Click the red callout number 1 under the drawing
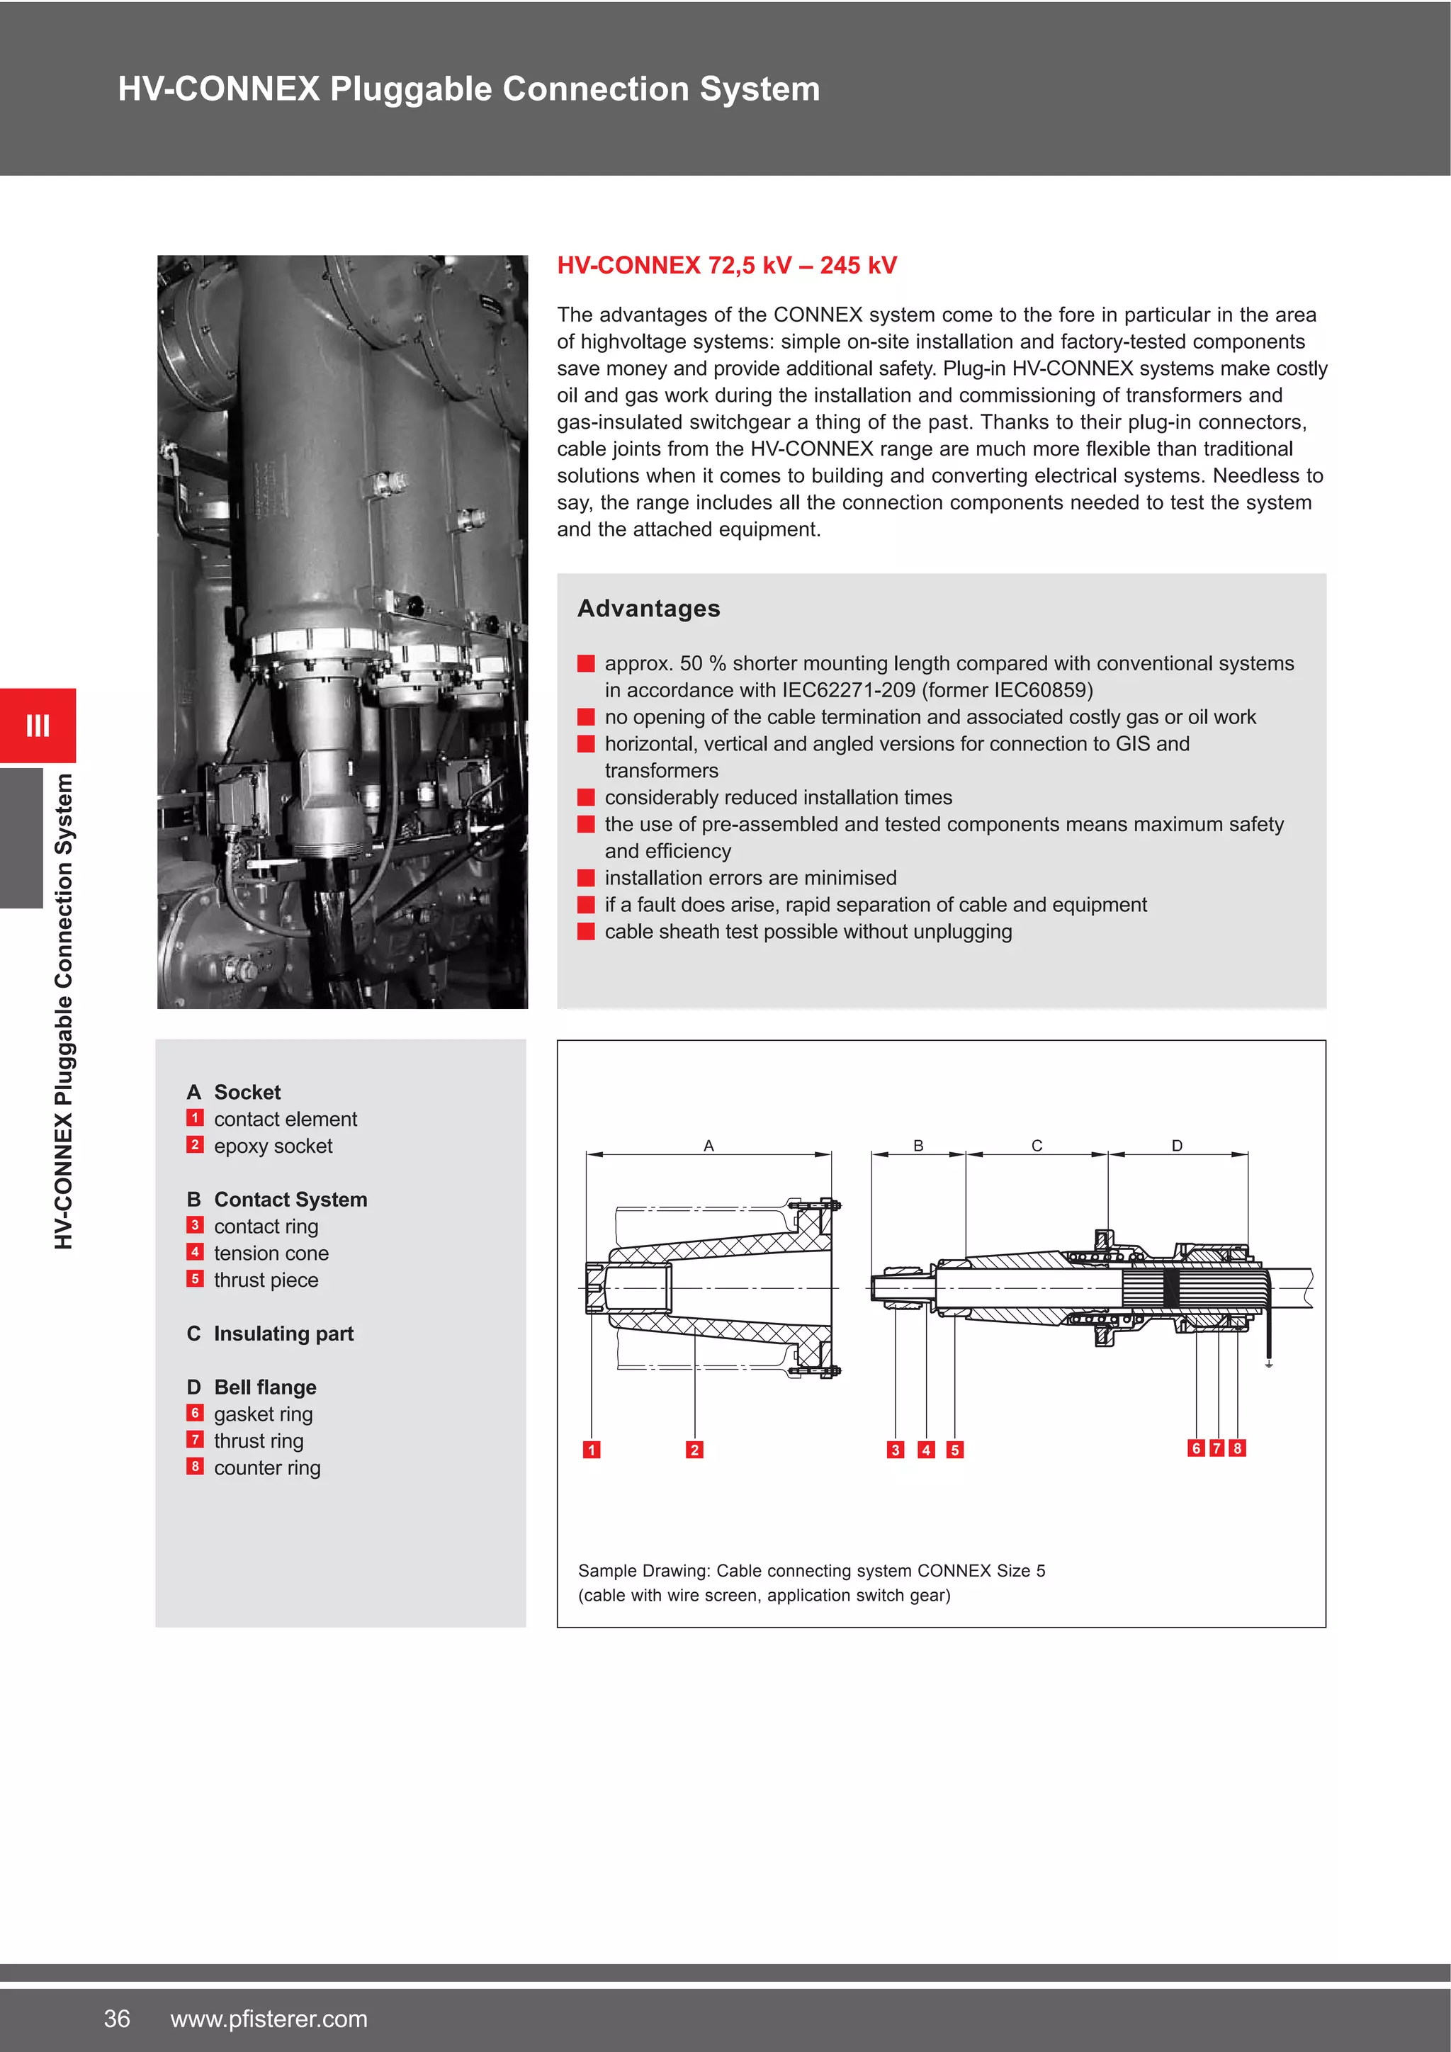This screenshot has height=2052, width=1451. [x=592, y=1450]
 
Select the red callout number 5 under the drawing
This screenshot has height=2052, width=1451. [x=955, y=1450]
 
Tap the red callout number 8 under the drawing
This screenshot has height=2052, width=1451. [x=1238, y=1448]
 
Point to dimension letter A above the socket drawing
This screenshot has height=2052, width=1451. [x=708, y=1146]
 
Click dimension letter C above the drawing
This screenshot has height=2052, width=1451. [x=1037, y=1146]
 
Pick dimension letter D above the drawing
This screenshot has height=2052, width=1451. [x=1177, y=1146]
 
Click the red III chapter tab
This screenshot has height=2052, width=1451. [x=38, y=725]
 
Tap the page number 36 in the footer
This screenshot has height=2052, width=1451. [x=117, y=2018]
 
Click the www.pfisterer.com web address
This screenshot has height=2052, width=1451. [x=269, y=2018]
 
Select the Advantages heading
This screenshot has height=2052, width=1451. [x=649, y=609]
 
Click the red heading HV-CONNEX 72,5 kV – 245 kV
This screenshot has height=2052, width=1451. [x=726, y=266]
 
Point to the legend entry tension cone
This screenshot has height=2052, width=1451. [x=271, y=1253]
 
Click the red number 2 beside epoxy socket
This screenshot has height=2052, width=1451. [x=195, y=1145]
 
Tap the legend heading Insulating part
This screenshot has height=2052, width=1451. [x=283, y=1334]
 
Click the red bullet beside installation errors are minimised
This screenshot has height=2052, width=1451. [x=586, y=878]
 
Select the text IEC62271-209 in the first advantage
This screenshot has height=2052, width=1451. [x=849, y=690]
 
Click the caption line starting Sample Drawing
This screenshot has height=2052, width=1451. [x=811, y=1570]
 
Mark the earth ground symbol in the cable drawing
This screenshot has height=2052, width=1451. [x=1269, y=1364]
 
